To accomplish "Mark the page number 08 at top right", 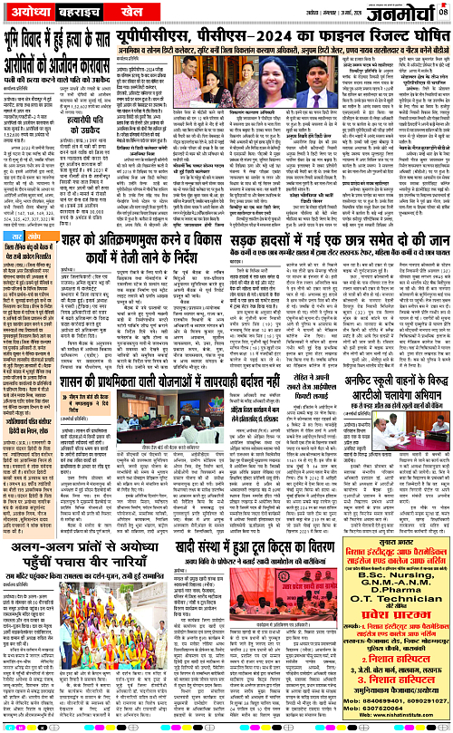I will (444, 8).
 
